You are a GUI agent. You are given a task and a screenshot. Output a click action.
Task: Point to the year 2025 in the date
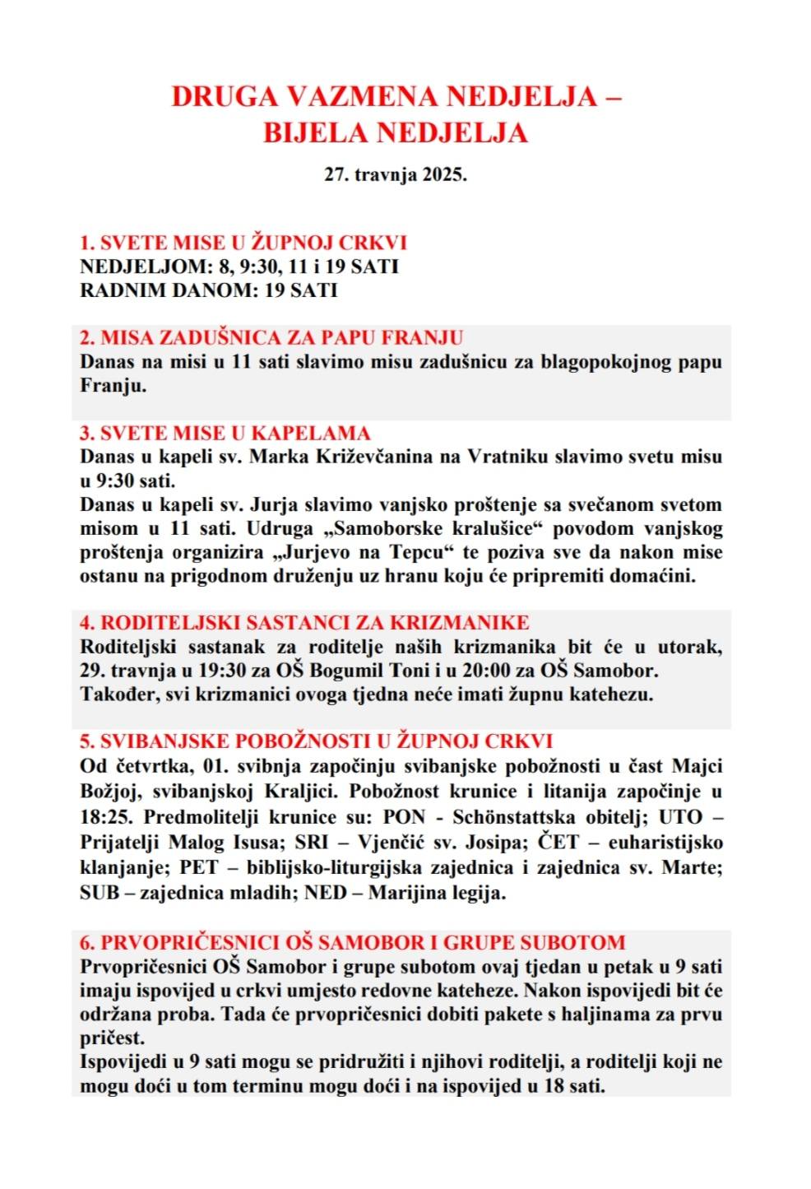[x=445, y=175]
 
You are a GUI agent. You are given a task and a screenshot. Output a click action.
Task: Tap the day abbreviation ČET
[x=558, y=842]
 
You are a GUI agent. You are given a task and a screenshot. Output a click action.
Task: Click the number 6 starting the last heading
[x=86, y=942]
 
